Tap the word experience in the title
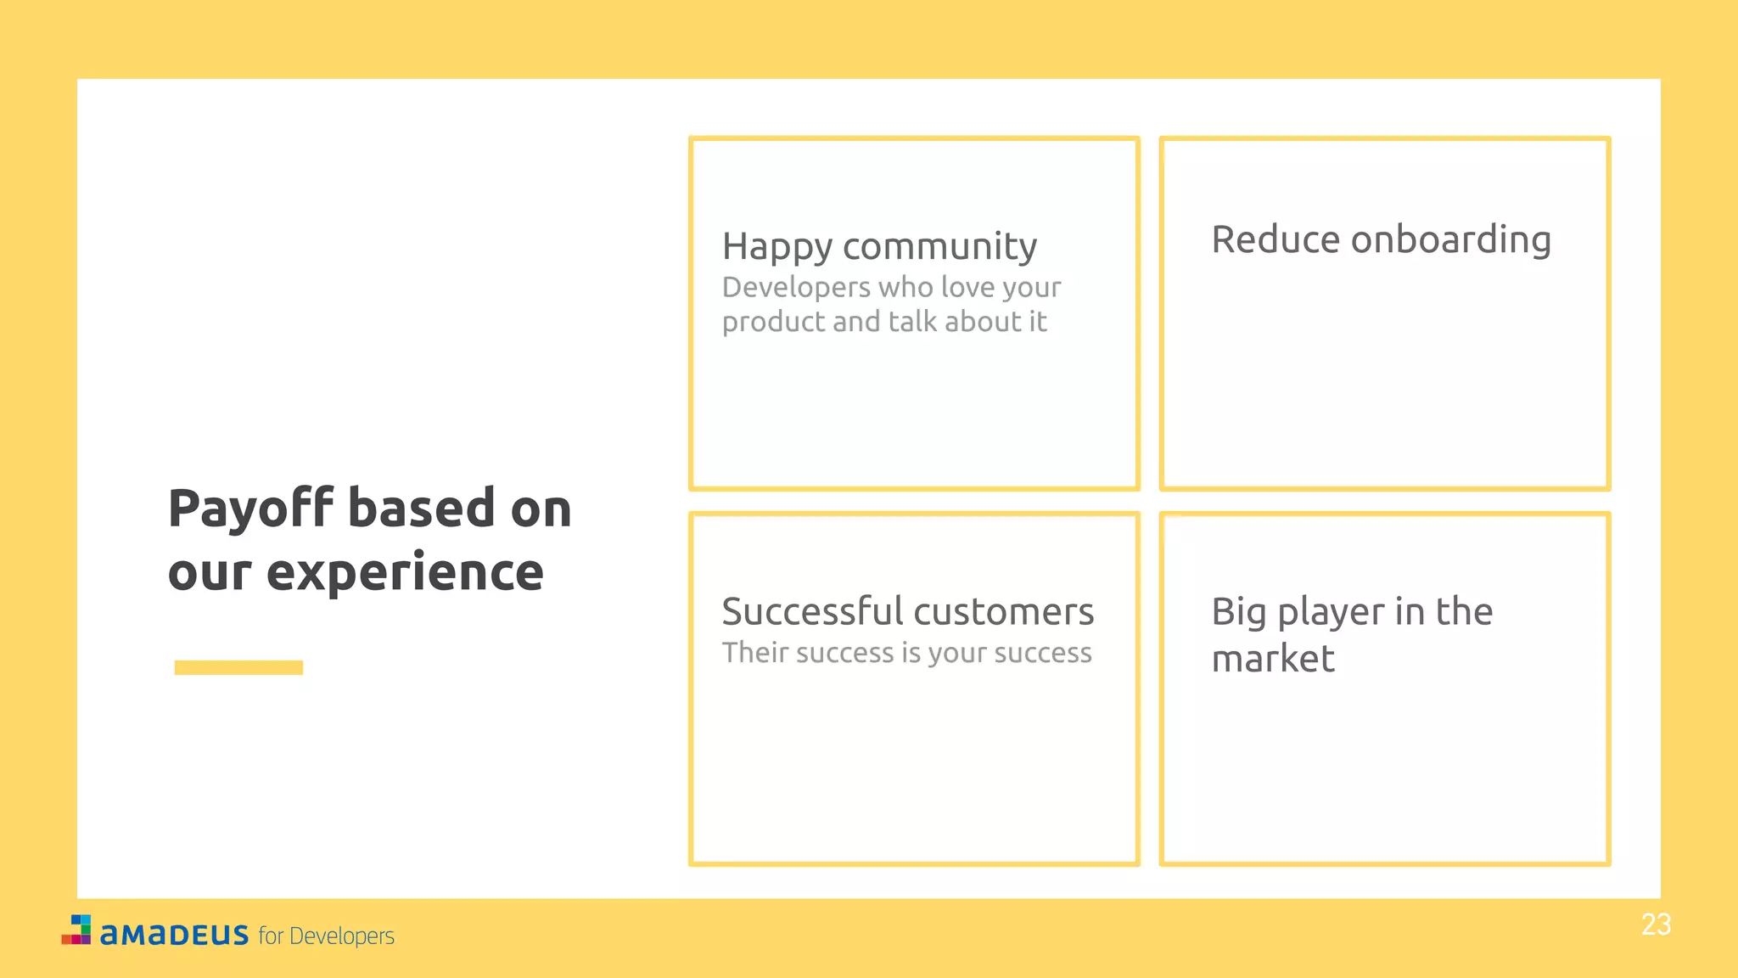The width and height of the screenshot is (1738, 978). (405, 572)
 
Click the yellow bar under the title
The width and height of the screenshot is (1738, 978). (238, 667)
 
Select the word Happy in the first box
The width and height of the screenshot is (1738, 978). (776, 247)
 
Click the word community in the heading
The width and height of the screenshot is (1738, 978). (939, 247)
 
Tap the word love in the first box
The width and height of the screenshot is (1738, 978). (967, 287)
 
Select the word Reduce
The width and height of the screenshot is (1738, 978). (1275, 239)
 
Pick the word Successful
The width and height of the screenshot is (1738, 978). (812, 611)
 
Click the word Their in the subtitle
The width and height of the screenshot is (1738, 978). (755, 652)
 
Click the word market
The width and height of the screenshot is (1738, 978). (1272, 659)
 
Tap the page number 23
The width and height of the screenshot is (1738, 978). (1656, 925)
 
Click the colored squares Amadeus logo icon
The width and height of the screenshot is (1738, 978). (76, 930)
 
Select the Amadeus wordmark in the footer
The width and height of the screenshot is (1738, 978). (174, 935)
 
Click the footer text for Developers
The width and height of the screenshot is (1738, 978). (326, 936)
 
